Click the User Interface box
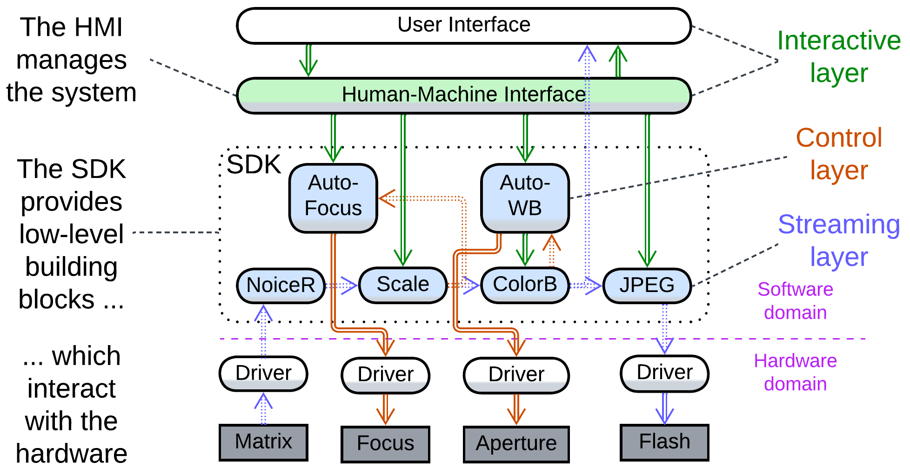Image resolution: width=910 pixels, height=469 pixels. (463, 25)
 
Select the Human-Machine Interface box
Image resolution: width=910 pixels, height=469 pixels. (463, 95)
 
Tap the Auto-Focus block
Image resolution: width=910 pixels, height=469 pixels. (333, 197)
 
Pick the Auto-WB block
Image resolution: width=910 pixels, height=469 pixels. (525, 197)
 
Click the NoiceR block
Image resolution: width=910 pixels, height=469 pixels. (281, 285)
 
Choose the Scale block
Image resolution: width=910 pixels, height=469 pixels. (402, 285)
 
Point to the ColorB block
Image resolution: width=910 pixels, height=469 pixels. (525, 285)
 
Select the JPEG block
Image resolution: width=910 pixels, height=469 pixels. (647, 285)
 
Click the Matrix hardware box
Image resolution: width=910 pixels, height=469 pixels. (263, 442)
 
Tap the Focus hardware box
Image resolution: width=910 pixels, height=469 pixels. (385, 444)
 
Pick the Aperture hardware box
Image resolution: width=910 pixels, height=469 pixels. (516, 444)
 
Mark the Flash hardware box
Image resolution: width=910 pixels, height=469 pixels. (664, 442)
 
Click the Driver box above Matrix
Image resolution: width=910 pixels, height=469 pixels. (263, 374)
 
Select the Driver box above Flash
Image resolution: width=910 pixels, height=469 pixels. (664, 373)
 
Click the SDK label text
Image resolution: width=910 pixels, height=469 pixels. (254, 164)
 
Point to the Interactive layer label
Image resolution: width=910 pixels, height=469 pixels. (838, 57)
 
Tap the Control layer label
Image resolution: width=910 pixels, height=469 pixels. (838, 154)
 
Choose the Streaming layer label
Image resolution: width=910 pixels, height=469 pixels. (838, 240)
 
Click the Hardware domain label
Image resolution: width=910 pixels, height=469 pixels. (795, 372)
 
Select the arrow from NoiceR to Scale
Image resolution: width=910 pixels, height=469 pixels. (341, 285)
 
